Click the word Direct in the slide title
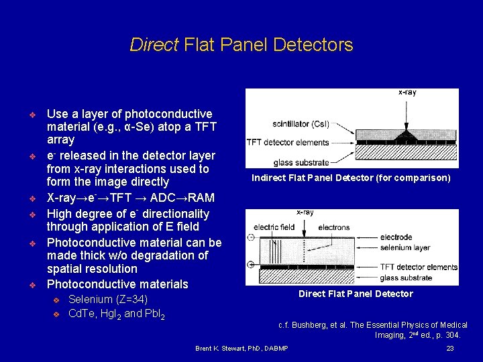tap(154, 45)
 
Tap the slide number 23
tap(450, 349)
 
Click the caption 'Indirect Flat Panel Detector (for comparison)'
tap(351, 178)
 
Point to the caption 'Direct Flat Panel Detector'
tap(356, 294)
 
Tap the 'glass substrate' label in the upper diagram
tap(301, 162)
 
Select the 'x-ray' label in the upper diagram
tap(407, 93)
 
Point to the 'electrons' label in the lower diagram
tap(333, 227)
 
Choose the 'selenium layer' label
tap(405, 247)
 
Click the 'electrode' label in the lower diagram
tap(396, 237)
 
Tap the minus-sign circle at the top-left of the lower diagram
tap(251, 237)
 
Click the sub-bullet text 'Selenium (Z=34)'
tap(108, 299)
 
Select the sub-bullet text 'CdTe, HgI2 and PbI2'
tap(117, 313)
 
